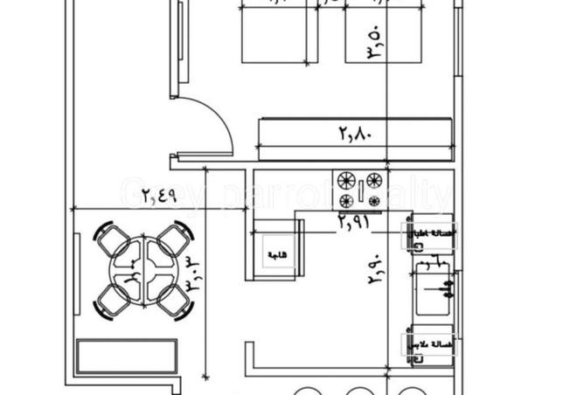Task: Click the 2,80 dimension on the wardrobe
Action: click(x=355, y=135)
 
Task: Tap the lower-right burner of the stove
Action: click(x=373, y=203)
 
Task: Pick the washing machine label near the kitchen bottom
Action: click(x=419, y=343)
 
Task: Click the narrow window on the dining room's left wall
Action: click(x=80, y=276)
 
